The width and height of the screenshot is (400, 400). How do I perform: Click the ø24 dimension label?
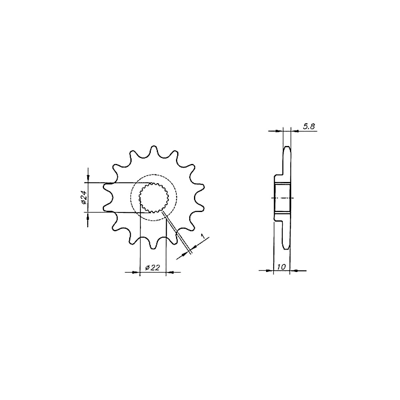point(84,198)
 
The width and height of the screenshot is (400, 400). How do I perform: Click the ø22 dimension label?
point(152,267)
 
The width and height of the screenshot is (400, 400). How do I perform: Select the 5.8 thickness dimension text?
point(309,126)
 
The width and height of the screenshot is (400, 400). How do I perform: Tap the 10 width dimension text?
point(281,267)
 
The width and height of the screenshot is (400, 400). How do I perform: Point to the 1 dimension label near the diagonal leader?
point(203,236)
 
